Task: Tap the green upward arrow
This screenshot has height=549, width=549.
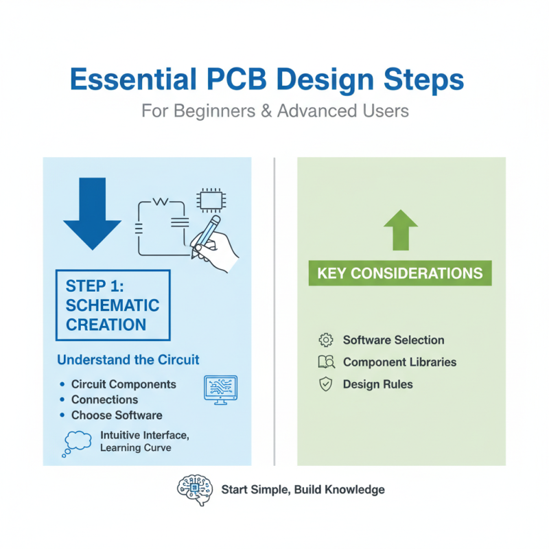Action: tap(401, 230)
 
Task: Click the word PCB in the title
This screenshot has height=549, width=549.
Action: tap(257, 80)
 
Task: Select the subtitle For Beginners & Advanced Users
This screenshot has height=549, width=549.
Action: tap(275, 110)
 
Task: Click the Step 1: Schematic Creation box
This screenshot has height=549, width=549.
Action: tap(113, 305)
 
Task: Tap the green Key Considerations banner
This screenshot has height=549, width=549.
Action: tap(399, 273)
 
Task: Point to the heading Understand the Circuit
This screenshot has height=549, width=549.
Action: tap(128, 360)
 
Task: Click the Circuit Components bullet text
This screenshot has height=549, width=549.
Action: tap(124, 384)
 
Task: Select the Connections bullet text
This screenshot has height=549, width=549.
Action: tap(104, 399)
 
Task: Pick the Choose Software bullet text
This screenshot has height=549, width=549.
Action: tap(117, 415)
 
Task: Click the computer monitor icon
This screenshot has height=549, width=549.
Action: tap(220, 389)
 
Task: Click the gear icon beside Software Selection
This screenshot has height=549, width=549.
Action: tap(326, 340)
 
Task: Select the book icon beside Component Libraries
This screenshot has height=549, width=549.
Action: tap(326, 362)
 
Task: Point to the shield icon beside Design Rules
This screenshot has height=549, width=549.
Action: tap(326, 384)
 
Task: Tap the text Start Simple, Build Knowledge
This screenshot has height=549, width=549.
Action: tap(303, 489)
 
